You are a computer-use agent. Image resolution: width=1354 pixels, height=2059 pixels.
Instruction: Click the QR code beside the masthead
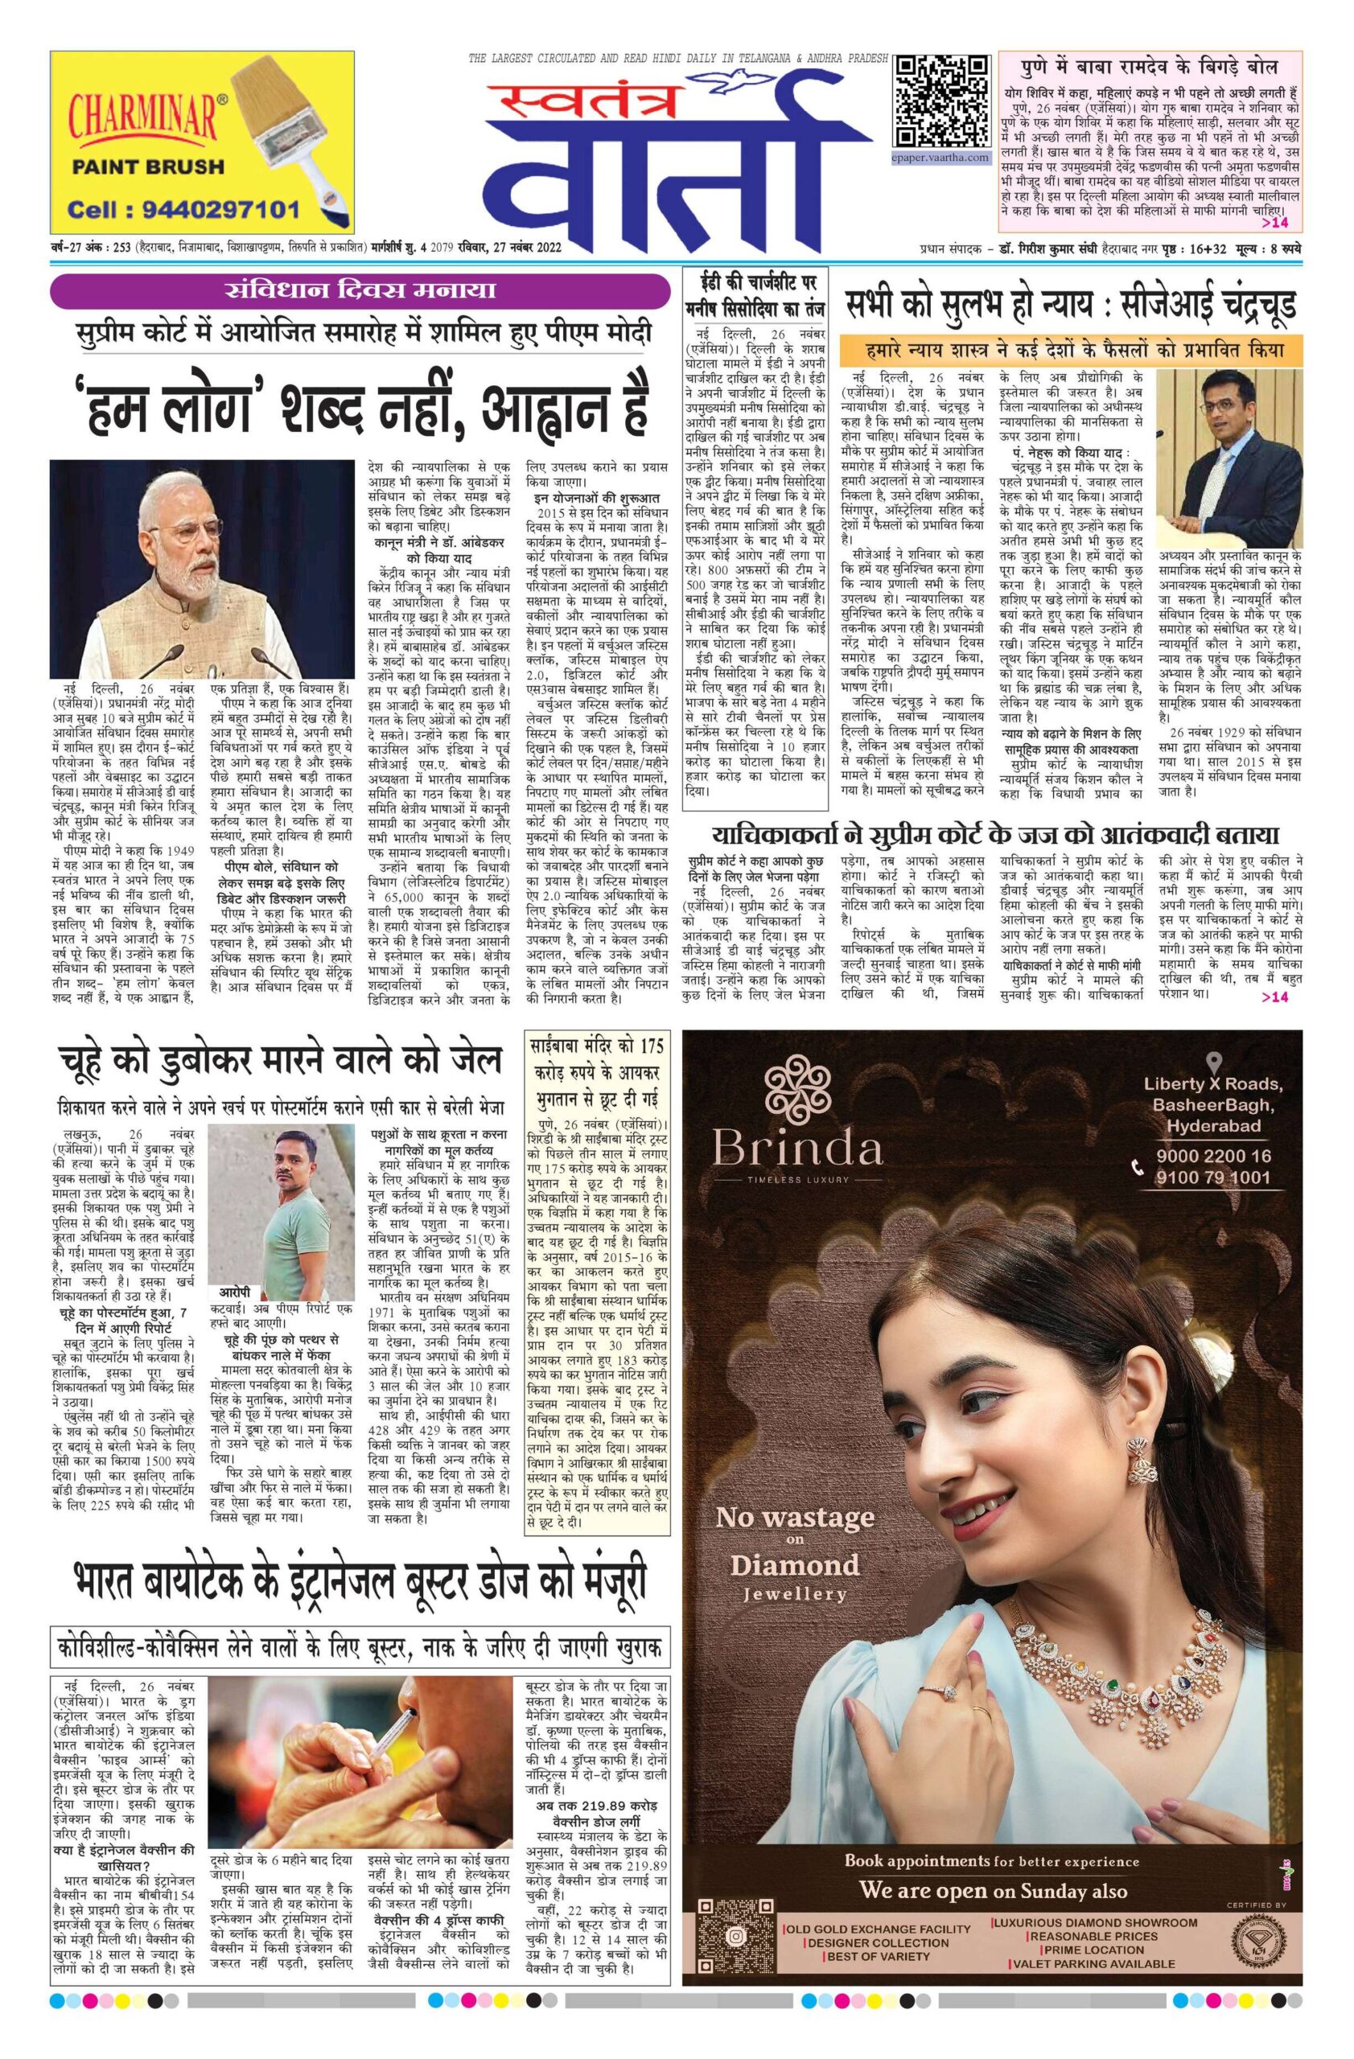tap(941, 101)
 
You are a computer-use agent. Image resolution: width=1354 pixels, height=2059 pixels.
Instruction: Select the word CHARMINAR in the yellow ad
tap(142, 114)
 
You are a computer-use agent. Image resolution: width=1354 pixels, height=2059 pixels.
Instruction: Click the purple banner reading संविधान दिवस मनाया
tap(360, 290)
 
